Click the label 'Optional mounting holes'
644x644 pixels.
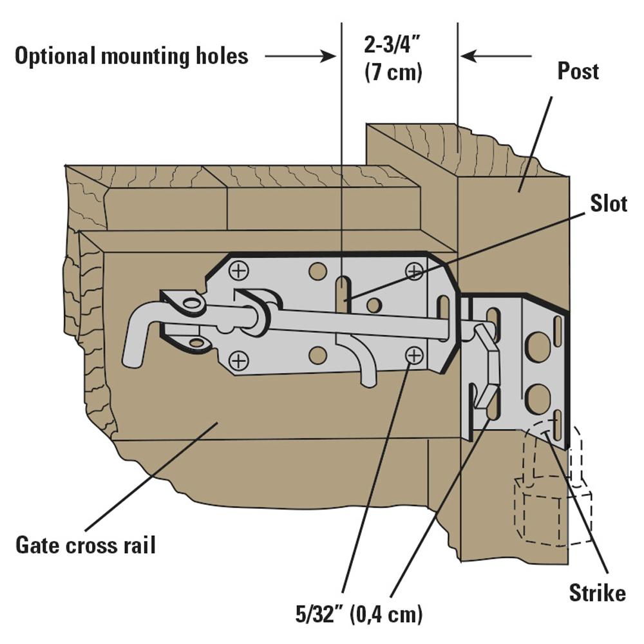point(131,56)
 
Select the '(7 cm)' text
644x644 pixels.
point(393,72)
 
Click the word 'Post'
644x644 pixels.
point(578,71)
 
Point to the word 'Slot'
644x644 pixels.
point(609,204)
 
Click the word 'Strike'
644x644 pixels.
point(597,592)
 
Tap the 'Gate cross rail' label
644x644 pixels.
point(86,545)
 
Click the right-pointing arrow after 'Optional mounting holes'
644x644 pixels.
point(300,57)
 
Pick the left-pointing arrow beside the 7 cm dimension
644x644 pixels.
point(496,57)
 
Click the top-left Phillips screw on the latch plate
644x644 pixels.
point(239,270)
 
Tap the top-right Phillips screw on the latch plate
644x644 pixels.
point(414,270)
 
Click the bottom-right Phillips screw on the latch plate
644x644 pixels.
point(414,354)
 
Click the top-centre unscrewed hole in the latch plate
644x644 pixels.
point(317,270)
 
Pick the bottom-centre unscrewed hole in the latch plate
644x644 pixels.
point(317,355)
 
